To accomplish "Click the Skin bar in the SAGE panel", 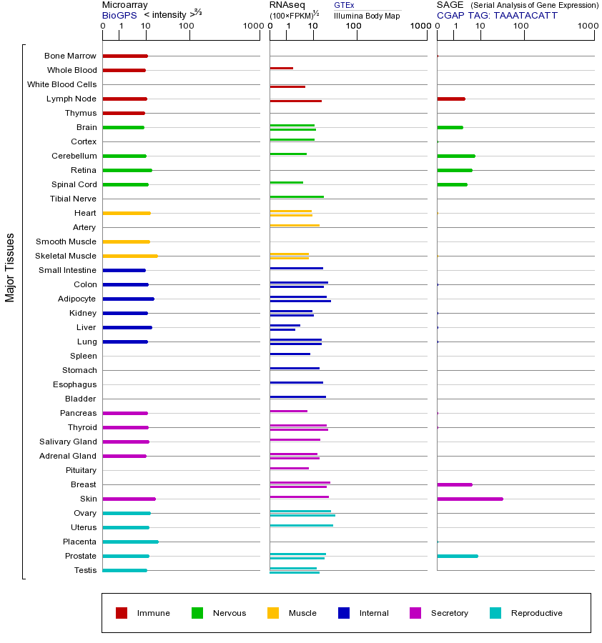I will tap(470, 499).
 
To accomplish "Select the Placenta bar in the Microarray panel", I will tap(130, 542).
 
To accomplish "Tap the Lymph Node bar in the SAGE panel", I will tap(451, 99).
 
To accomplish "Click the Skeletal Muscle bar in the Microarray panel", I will tap(130, 256).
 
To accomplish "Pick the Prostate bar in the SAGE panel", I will tap(458, 556).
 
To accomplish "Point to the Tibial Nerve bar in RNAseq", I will tap(297, 196).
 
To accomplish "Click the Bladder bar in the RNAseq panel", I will tap(297, 397).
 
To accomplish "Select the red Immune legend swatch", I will tap(122, 613).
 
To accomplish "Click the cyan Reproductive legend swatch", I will tap(495, 613).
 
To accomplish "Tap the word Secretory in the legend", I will tap(449, 613).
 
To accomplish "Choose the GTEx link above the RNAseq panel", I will tap(344, 5).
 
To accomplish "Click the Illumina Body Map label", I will tap(367, 15).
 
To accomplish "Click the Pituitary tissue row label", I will tap(80, 470).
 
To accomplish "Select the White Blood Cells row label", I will tap(61, 84).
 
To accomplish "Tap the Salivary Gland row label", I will tap(68, 442).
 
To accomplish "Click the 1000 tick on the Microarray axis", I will tap(252, 26).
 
